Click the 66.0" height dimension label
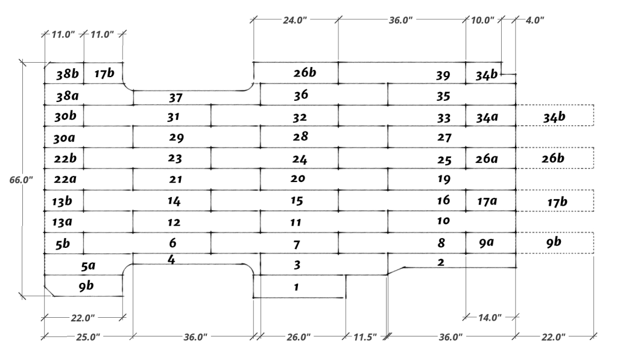(21, 180)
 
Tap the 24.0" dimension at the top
(295, 20)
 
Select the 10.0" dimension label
(483, 20)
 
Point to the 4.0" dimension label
(535, 20)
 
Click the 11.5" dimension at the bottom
(365, 337)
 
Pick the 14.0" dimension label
(490, 317)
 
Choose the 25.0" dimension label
(88, 337)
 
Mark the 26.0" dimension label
(299, 337)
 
